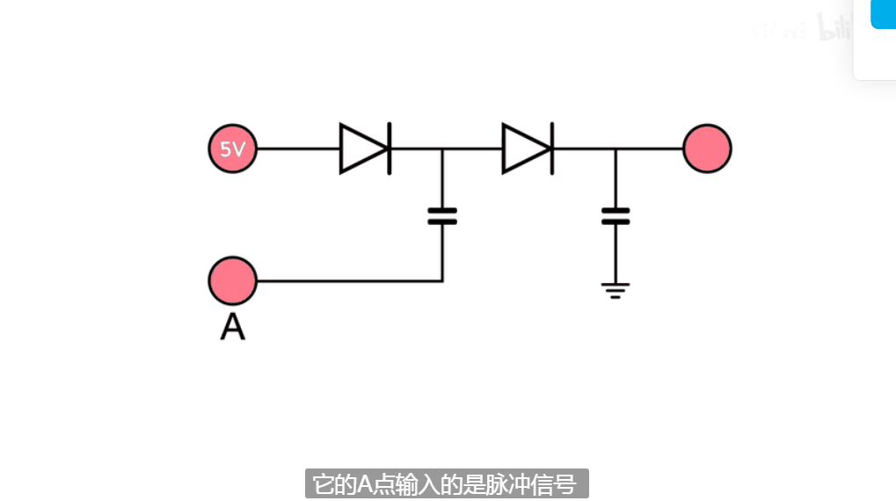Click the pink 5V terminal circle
tap(233, 149)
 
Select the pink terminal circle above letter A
tap(233, 281)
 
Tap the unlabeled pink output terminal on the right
tap(707, 149)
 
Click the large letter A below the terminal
tap(232, 327)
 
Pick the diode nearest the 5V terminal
tap(365, 149)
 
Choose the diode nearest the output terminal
tap(528, 149)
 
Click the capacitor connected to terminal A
tap(442, 216)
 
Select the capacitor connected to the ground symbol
tap(616, 216)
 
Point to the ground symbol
tap(616, 290)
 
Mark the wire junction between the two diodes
tap(442, 149)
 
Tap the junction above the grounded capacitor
tap(616, 149)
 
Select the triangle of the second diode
tap(524, 149)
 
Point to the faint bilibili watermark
tap(831, 28)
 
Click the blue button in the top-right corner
tap(883, 14)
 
